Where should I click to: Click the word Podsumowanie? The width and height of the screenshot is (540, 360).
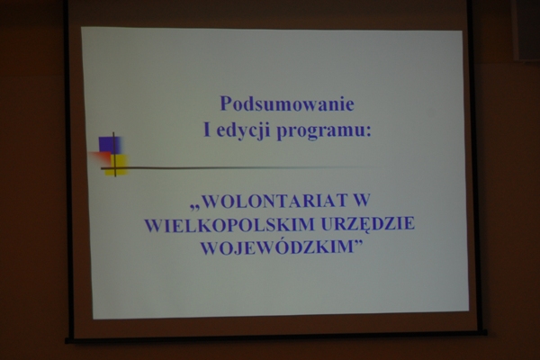287,103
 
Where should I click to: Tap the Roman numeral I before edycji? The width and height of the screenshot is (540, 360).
207,130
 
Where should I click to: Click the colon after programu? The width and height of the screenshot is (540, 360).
368,132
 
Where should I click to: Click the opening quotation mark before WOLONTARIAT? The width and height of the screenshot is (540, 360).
195,207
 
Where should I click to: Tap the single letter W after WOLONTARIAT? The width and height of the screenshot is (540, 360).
361,201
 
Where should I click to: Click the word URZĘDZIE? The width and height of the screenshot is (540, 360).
367,224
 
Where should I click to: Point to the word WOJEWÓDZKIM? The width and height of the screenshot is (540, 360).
276,247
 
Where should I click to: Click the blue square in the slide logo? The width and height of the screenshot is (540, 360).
109,145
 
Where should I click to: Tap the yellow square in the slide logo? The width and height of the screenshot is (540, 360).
118,165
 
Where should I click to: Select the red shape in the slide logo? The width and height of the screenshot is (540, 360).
101,157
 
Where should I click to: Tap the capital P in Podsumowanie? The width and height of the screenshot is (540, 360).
225,103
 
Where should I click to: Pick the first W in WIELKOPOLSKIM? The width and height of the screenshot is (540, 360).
154,225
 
